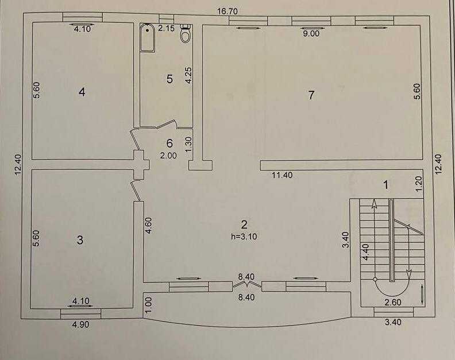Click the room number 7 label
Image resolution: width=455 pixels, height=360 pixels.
pyautogui.click(x=311, y=95)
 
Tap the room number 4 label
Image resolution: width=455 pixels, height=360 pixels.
pyautogui.click(x=82, y=92)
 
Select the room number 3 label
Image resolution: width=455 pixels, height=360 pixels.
pyautogui.click(x=80, y=240)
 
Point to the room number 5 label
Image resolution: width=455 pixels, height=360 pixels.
pyautogui.click(x=169, y=79)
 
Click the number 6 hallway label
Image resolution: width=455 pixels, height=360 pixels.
pyautogui.click(x=169, y=143)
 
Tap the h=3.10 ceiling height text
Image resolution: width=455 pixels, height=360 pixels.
pyautogui.click(x=244, y=237)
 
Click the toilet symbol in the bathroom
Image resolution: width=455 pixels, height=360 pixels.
pyautogui.click(x=185, y=33)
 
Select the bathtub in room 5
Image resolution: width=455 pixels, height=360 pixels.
pyautogui.click(x=148, y=38)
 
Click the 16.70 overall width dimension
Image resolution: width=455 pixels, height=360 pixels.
pyautogui.click(x=227, y=11)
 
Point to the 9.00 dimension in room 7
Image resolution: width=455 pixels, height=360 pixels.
pyautogui.click(x=311, y=33)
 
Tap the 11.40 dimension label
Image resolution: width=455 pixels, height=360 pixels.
pyautogui.click(x=282, y=175)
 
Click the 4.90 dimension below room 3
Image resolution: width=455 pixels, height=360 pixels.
pyautogui.click(x=80, y=324)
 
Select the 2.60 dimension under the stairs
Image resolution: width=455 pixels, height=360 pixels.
pyautogui.click(x=393, y=302)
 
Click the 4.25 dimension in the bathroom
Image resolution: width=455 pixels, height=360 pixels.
pyautogui.click(x=188, y=75)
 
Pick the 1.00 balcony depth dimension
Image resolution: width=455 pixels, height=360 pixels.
pyautogui.click(x=148, y=304)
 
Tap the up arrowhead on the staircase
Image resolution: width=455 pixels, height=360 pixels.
pyautogui.click(x=375, y=204)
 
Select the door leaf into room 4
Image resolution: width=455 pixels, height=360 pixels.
pyautogui.click(x=134, y=141)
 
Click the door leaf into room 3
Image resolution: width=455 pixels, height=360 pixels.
pyautogui.click(x=136, y=191)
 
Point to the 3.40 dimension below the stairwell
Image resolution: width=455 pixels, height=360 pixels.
pyautogui.click(x=393, y=322)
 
